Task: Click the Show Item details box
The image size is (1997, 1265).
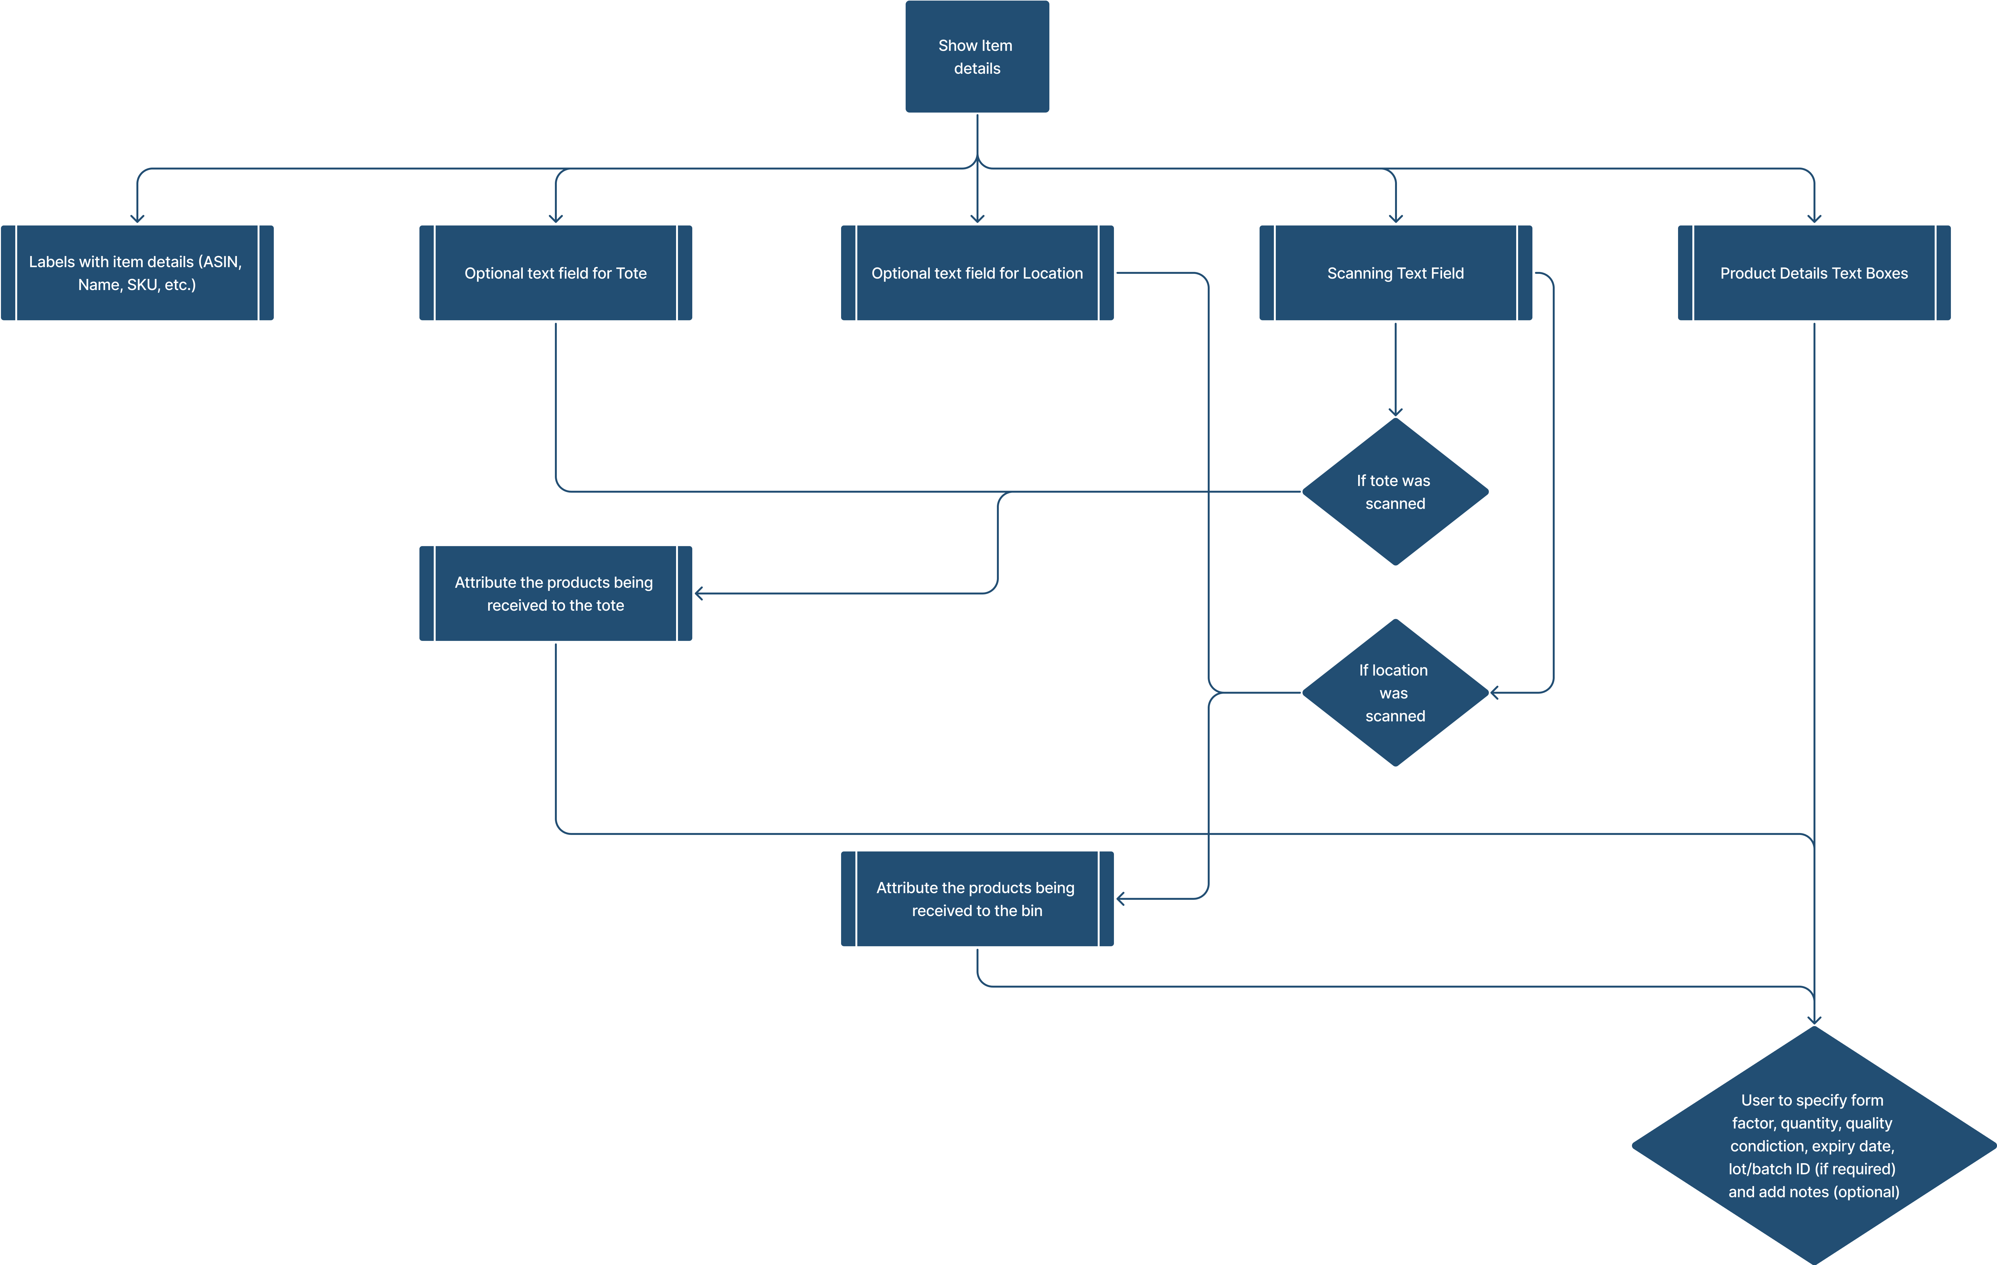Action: point(977,56)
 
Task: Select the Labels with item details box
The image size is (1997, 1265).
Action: point(137,273)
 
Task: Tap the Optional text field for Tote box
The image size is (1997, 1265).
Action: point(556,273)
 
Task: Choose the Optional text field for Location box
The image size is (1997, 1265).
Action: point(977,273)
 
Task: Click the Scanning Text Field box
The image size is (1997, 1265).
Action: point(1395,273)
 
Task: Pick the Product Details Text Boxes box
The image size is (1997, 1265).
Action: point(1814,273)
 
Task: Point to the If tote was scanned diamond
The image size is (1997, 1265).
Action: point(1395,492)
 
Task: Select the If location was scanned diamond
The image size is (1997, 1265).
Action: point(1395,693)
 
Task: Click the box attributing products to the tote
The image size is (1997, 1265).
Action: point(556,593)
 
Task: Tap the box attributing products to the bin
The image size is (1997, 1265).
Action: point(977,898)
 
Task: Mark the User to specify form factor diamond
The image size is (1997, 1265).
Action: point(1814,1145)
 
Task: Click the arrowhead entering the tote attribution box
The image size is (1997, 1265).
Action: point(699,593)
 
